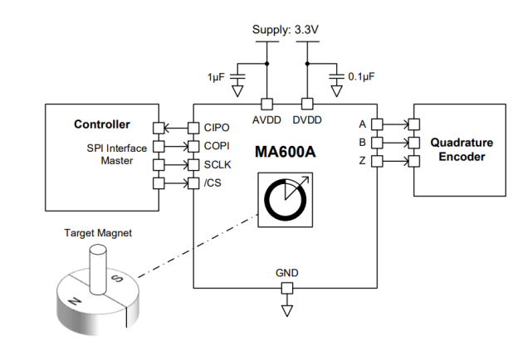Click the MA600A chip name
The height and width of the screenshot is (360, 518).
click(285, 152)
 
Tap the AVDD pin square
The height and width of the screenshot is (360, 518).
click(267, 104)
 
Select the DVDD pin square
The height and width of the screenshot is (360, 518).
click(307, 104)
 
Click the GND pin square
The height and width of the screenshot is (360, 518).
click(286, 289)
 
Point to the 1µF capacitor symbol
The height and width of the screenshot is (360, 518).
click(237, 76)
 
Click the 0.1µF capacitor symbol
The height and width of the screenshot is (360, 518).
click(337, 76)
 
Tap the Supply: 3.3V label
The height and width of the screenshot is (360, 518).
click(286, 30)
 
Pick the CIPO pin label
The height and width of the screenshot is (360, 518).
click(217, 128)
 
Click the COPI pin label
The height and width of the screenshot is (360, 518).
click(217, 146)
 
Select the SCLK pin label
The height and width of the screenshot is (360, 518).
click(217, 164)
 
